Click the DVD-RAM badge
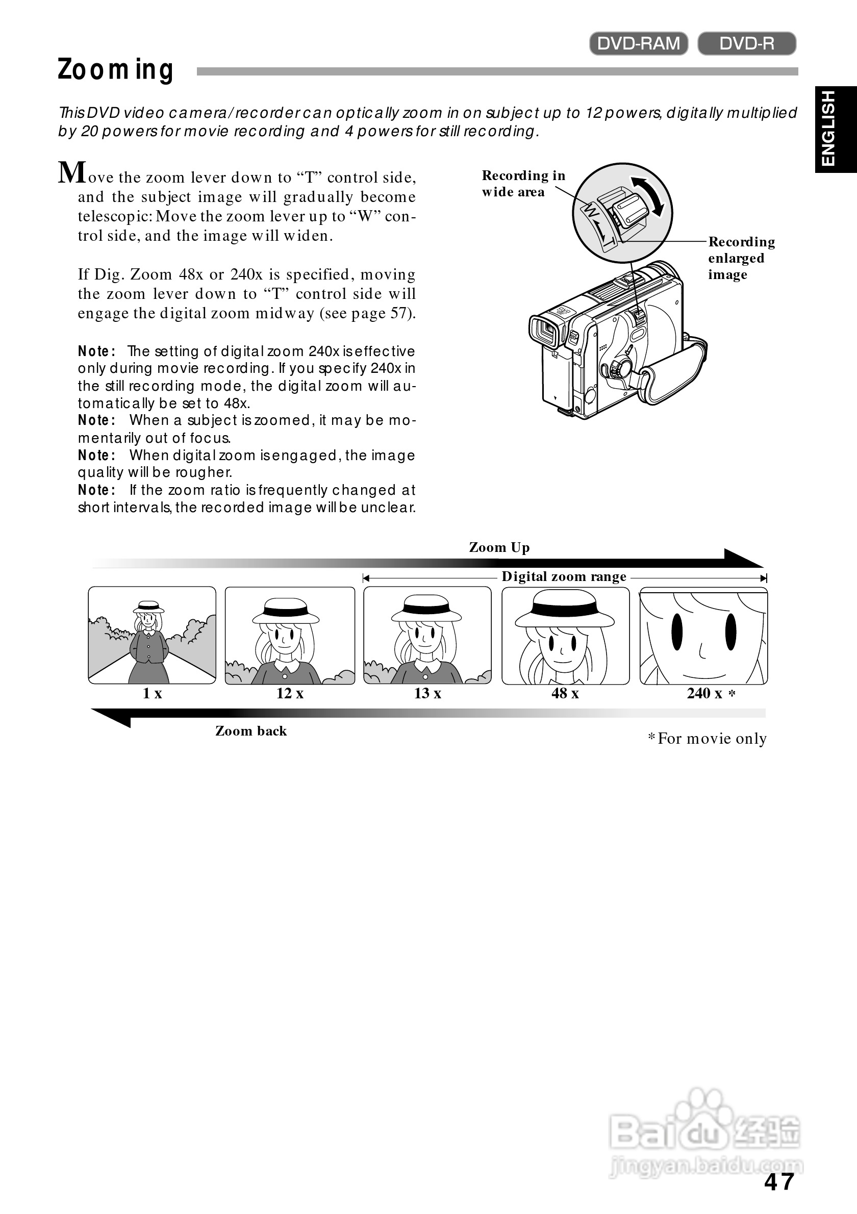[x=638, y=43]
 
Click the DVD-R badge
[x=746, y=43]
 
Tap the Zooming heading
[x=115, y=70]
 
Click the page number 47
[x=779, y=1182]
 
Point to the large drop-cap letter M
[x=71, y=173]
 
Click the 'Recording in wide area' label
[x=522, y=184]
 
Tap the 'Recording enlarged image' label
[x=741, y=258]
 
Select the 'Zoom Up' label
[x=499, y=547]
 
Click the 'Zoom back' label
[x=250, y=731]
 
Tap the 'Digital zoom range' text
[x=564, y=576]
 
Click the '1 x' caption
[x=152, y=693]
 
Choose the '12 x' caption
[x=290, y=693]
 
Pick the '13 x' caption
[x=427, y=693]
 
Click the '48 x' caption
[x=565, y=693]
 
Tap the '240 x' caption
[x=704, y=693]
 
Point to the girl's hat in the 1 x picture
[x=148, y=606]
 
